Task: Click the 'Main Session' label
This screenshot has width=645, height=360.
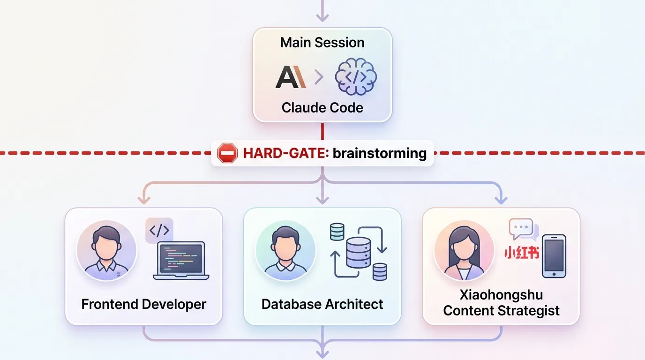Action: (x=322, y=43)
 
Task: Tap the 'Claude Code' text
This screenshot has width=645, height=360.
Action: (x=322, y=108)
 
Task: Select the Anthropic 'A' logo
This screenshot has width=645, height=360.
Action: (x=291, y=77)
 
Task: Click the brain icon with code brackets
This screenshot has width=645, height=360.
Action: (x=356, y=76)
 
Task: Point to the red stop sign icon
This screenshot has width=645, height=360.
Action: (x=227, y=153)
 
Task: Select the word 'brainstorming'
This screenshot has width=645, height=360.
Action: (x=380, y=153)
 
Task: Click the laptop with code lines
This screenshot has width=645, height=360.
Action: (x=181, y=261)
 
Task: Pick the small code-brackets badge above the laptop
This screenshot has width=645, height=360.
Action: (x=159, y=230)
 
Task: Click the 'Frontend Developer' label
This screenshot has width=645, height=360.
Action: (x=143, y=304)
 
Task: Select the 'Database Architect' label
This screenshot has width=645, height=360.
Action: (x=322, y=304)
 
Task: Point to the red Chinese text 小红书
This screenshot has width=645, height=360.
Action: (x=521, y=253)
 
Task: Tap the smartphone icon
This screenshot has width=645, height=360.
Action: (x=554, y=256)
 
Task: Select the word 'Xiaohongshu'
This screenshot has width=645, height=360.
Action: (x=501, y=295)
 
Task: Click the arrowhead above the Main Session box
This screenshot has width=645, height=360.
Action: (x=322, y=17)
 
